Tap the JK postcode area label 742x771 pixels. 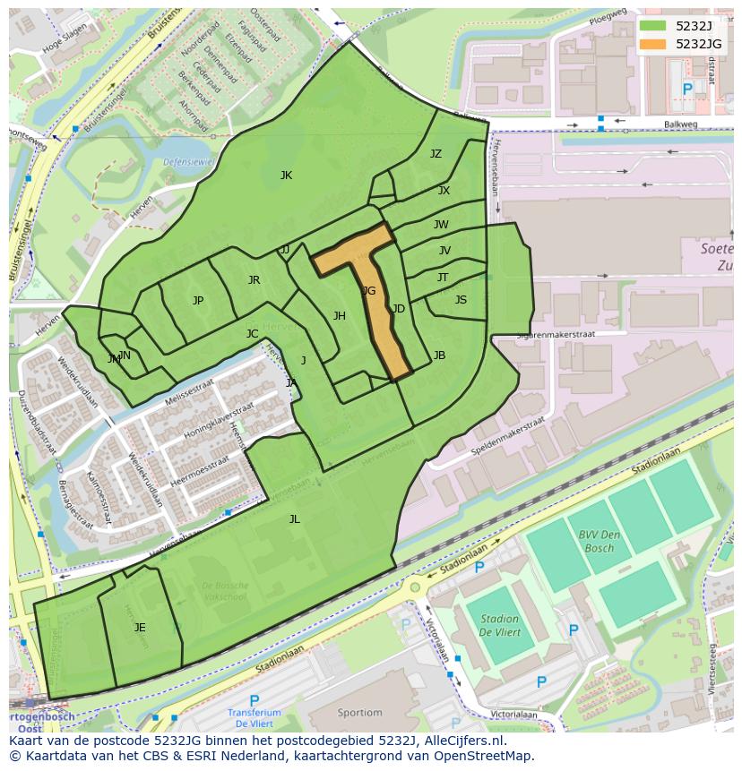point(286,176)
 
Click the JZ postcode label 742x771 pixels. point(436,154)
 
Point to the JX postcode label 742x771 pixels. point(444,191)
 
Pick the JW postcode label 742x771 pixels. point(441,225)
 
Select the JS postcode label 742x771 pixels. point(461,300)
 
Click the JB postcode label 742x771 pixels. point(439,356)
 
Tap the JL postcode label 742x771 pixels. point(294,518)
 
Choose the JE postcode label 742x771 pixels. point(140,628)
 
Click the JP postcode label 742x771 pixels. point(198,301)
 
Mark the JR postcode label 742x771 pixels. point(254,280)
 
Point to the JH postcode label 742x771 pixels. point(339,316)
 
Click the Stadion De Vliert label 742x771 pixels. point(499,625)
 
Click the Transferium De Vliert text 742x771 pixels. point(254,718)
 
